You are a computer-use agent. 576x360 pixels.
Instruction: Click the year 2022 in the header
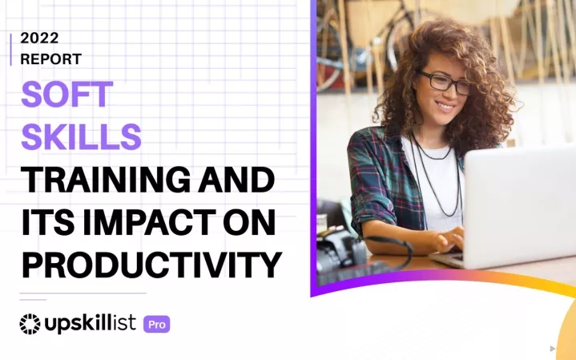[x=39, y=38]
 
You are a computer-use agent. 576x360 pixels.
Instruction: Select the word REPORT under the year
[x=50, y=59]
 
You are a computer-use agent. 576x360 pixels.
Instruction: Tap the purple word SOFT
[x=66, y=94]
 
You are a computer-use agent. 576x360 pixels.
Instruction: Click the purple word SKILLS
[x=81, y=136]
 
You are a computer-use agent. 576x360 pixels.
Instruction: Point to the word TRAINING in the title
[x=106, y=180]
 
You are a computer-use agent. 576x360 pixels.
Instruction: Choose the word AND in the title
[x=236, y=180]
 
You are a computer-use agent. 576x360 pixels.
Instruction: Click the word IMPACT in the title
[x=149, y=222]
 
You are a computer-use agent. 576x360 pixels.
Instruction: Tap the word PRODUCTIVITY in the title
[x=151, y=265]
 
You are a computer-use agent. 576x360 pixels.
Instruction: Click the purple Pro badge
[x=157, y=325]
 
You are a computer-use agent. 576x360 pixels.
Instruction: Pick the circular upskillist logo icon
[x=30, y=324]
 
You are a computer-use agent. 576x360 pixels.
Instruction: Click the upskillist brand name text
[x=90, y=324]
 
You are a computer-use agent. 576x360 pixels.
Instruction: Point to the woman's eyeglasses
[x=444, y=82]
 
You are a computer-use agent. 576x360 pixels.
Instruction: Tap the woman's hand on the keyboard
[x=448, y=240]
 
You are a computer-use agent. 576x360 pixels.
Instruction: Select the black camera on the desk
[x=341, y=250]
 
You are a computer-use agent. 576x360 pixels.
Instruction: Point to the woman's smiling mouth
[x=445, y=107]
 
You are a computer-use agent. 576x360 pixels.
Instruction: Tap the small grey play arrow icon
[x=553, y=348]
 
